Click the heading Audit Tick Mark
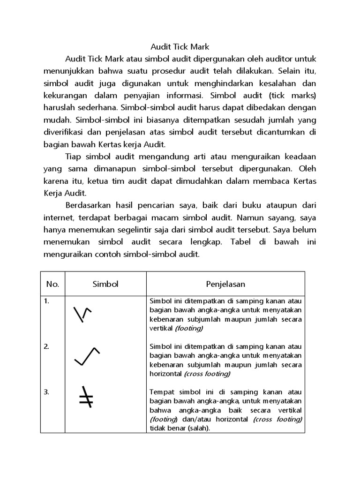pos(180,47)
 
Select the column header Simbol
pos(105,284)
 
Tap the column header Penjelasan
pos(225,284)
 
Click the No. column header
pos(52,284)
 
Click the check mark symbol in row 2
pos(87,356)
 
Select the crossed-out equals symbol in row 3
pos(85,398)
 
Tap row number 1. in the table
pos(47,301)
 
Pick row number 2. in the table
pos(47,346)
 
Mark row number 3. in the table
pos(47,392)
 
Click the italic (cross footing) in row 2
pos(207,374)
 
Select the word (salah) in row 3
pos(200,428)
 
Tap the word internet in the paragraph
pos(59,217)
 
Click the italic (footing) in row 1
pos(189,328)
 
